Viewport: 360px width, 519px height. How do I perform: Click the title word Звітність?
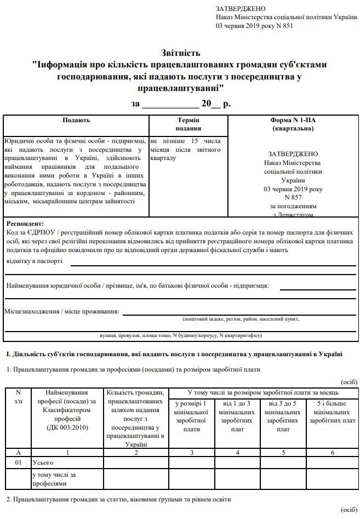pos(180,53)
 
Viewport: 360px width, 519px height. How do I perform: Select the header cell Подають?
pos(76,120)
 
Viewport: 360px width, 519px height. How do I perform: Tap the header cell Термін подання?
pos(188,124)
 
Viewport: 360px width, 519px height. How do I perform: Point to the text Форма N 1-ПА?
pos(292,120)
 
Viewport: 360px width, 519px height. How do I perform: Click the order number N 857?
pos(292,196)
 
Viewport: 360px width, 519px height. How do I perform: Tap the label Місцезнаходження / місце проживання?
pos(62,311)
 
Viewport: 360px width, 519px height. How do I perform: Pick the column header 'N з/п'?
pos(18,396)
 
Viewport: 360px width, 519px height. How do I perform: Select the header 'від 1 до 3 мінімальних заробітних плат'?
pos(237,417)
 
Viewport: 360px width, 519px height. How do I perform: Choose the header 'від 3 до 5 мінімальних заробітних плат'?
pos(283,417)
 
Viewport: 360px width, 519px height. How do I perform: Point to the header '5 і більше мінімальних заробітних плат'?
pos(329,412)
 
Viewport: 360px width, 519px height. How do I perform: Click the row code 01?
pos(18,463)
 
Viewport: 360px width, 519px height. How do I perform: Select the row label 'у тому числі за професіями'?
pos(54,479)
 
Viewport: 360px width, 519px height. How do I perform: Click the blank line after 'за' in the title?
pos(170,104)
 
